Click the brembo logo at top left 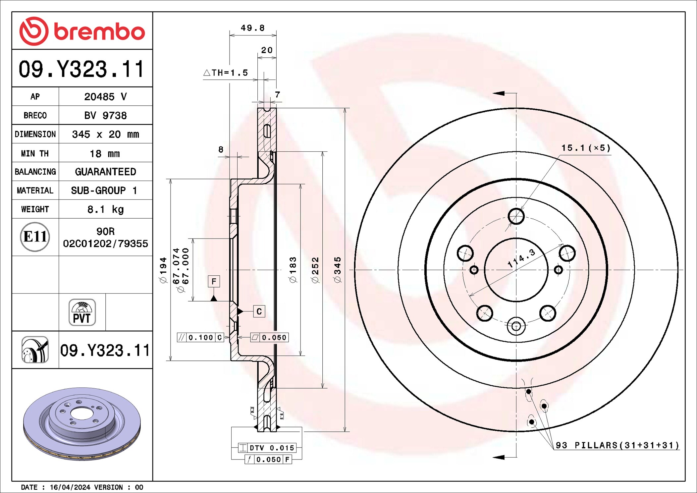point(82,31)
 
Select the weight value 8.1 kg point(106,209)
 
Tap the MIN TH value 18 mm point(105,153)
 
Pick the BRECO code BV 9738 point(105,115)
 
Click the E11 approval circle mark point(35,237)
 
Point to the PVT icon point(82,312)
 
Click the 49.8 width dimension point(253,28)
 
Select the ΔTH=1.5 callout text point(226,73)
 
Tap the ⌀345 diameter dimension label point(337,270)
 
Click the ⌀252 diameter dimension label point(315,270)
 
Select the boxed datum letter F point(214,281)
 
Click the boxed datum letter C point(259,311)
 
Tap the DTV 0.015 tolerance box point(267,448)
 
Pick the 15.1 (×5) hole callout point(586,148)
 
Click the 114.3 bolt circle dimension point(521,258)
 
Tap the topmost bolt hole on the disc point(516,216)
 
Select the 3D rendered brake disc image point(82,424)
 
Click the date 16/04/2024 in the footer point(70,487)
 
